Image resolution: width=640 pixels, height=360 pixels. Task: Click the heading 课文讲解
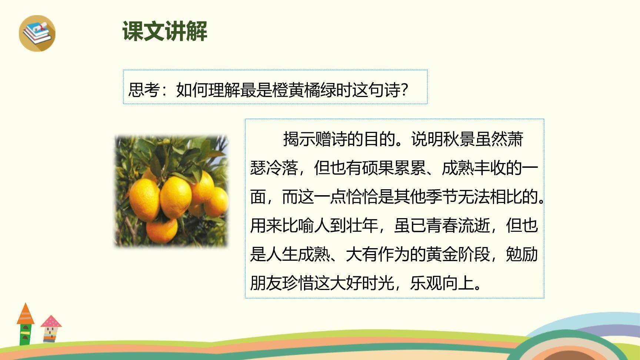point(165,31)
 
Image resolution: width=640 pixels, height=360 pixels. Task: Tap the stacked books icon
point(37,33)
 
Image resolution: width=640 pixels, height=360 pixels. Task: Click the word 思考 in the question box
point(144,90)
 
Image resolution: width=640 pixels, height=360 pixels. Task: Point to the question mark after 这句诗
point(404,90)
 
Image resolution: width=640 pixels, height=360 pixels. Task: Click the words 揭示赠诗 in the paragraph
point(315,139)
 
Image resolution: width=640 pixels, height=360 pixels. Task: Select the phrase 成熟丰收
point(474,168)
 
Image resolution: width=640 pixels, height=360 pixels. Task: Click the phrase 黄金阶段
point(458,254)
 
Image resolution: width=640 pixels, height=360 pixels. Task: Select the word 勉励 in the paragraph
point(522,254)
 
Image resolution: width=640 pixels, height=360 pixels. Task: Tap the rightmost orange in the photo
point(217,202)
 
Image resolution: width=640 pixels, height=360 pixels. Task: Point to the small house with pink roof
point(51,329)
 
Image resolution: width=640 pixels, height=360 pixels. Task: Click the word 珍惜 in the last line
point(298,283)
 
